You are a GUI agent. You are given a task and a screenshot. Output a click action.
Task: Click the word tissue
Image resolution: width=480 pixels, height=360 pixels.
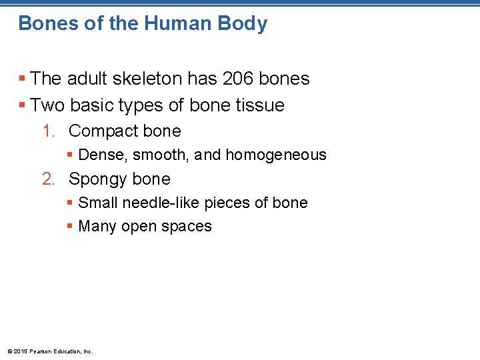pos(258,105)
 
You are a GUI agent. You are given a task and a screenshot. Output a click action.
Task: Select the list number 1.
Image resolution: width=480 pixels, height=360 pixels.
pos(47,131)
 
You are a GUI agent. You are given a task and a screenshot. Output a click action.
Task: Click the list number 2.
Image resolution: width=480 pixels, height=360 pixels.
pos(47,179)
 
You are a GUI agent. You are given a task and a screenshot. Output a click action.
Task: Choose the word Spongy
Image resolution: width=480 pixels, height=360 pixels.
pos(97,180)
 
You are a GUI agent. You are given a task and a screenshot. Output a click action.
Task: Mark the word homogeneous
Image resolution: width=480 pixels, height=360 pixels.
pos(276,155)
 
